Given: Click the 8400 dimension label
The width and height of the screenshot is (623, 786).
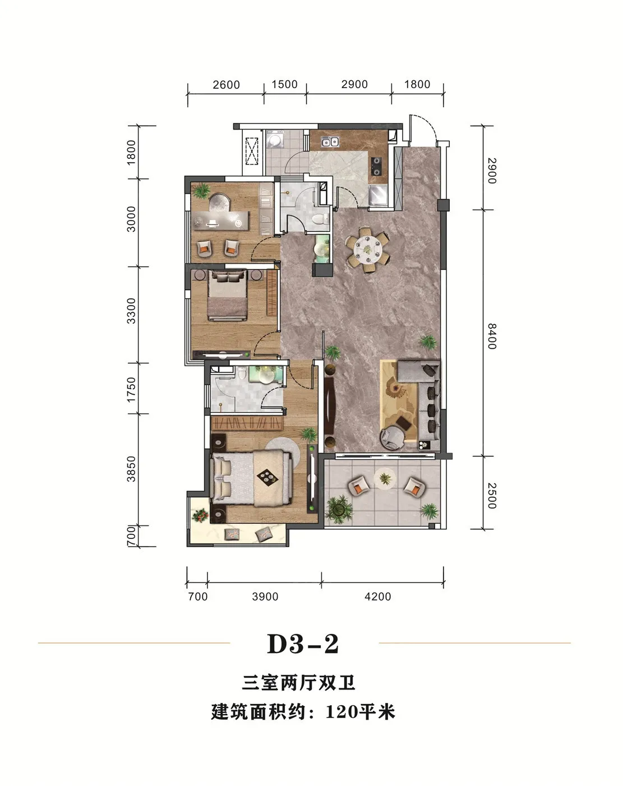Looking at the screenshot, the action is point(492,336).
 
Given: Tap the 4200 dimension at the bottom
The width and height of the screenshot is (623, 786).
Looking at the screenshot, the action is point(378,597).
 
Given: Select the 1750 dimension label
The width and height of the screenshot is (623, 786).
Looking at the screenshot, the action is point(131,389).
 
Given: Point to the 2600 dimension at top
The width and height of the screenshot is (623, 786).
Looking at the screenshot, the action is point(226,85).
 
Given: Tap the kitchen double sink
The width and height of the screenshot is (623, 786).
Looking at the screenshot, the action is point(329,141).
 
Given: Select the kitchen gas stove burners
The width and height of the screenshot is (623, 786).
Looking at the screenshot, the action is point(376,166).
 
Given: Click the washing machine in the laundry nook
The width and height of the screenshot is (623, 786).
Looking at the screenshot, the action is point(275,139).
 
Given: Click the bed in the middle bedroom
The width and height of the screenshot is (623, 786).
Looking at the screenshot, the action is point(227,295).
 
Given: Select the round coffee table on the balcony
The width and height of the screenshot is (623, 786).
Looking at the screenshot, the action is point(385,478).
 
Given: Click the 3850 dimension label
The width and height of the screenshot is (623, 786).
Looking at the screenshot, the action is point(131,469).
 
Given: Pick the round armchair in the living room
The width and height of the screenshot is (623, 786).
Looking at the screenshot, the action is point(393,438).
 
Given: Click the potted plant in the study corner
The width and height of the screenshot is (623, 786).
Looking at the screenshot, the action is point(201,191).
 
